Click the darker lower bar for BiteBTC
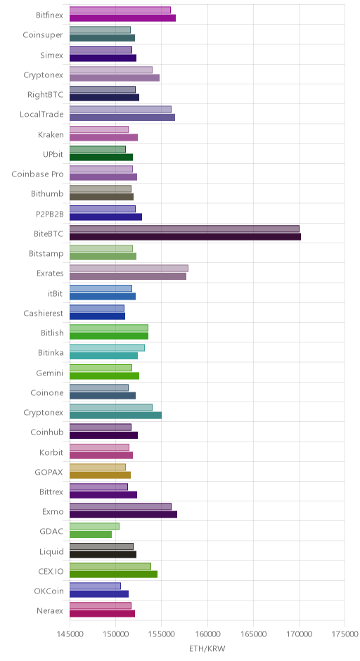click(185, 236)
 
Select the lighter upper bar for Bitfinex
click(120, 10)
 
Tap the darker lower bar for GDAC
click(91, 534)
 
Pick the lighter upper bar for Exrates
click(129, 268)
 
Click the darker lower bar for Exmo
click(123, 514)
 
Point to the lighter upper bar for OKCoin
click(95, 586)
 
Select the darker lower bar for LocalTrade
click(122, 117)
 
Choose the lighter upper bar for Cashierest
click(97, 308)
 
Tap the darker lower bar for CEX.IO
click(113, 575)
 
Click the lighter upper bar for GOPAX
click(98, 467)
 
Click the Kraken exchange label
click(51, 134)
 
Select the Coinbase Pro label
click(37, 174)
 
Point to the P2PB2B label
click(50, 214)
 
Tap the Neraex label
click(50, 611)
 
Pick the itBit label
click(56, 293)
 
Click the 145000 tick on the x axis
click(70, 634)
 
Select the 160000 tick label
click(207, 634)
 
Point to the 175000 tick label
click(345, 634)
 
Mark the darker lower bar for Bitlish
click(109, 336)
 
